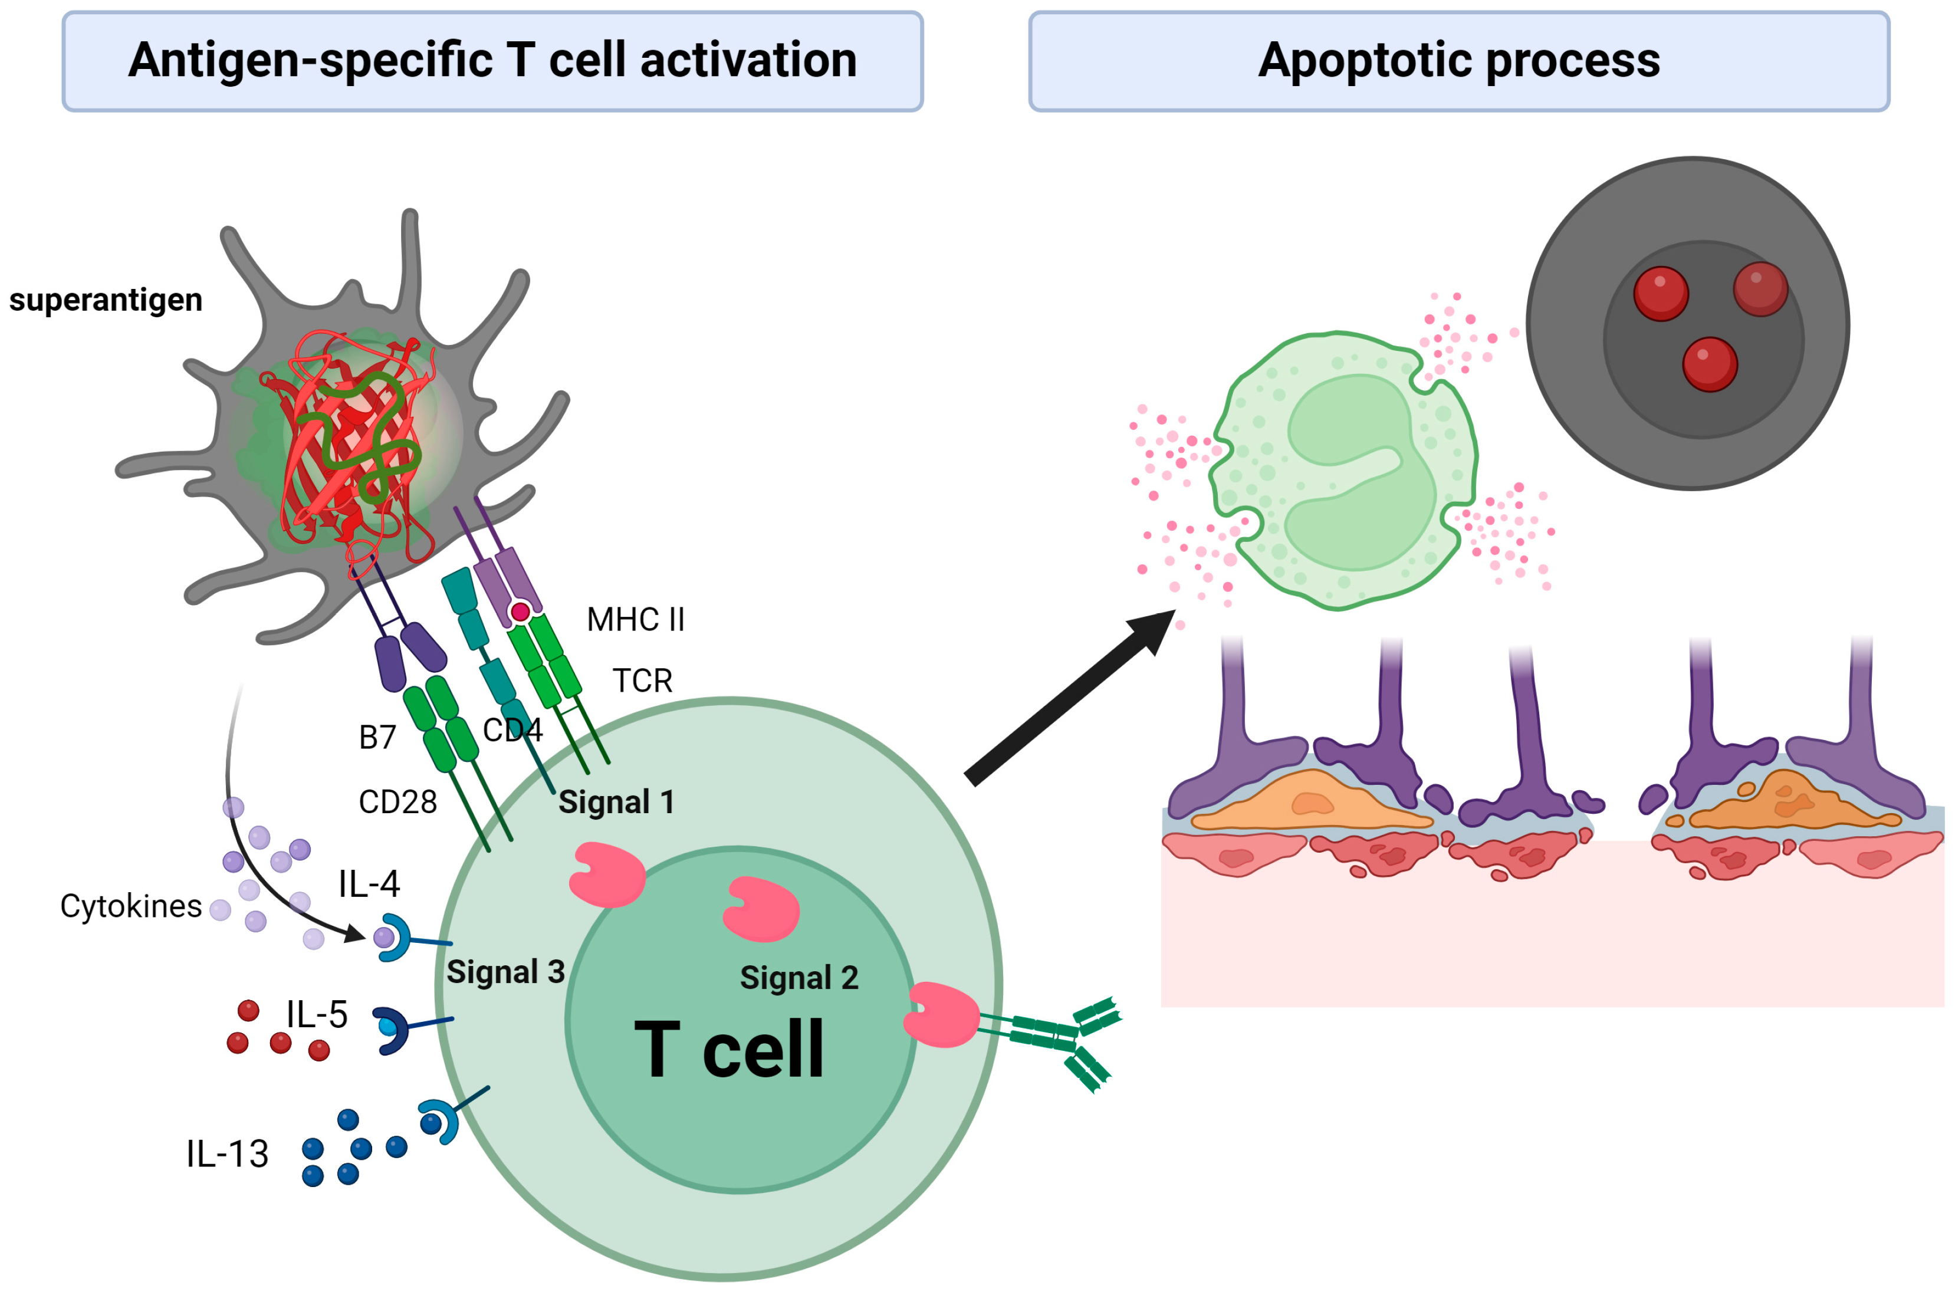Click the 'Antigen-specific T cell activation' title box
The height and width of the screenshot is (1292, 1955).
click(x=492, y=61)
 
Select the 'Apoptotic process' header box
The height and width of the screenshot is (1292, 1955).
click(x=1458, y=61)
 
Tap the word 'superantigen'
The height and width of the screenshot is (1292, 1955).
click(x=106, y=300)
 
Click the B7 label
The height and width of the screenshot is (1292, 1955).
click(x=377, y=737)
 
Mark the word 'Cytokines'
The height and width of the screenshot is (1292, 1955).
click(x=130, y=906)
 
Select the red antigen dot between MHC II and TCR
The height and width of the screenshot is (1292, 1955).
click(x=520, y=612)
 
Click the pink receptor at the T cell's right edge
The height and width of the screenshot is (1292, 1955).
click(x=942, y=1014)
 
